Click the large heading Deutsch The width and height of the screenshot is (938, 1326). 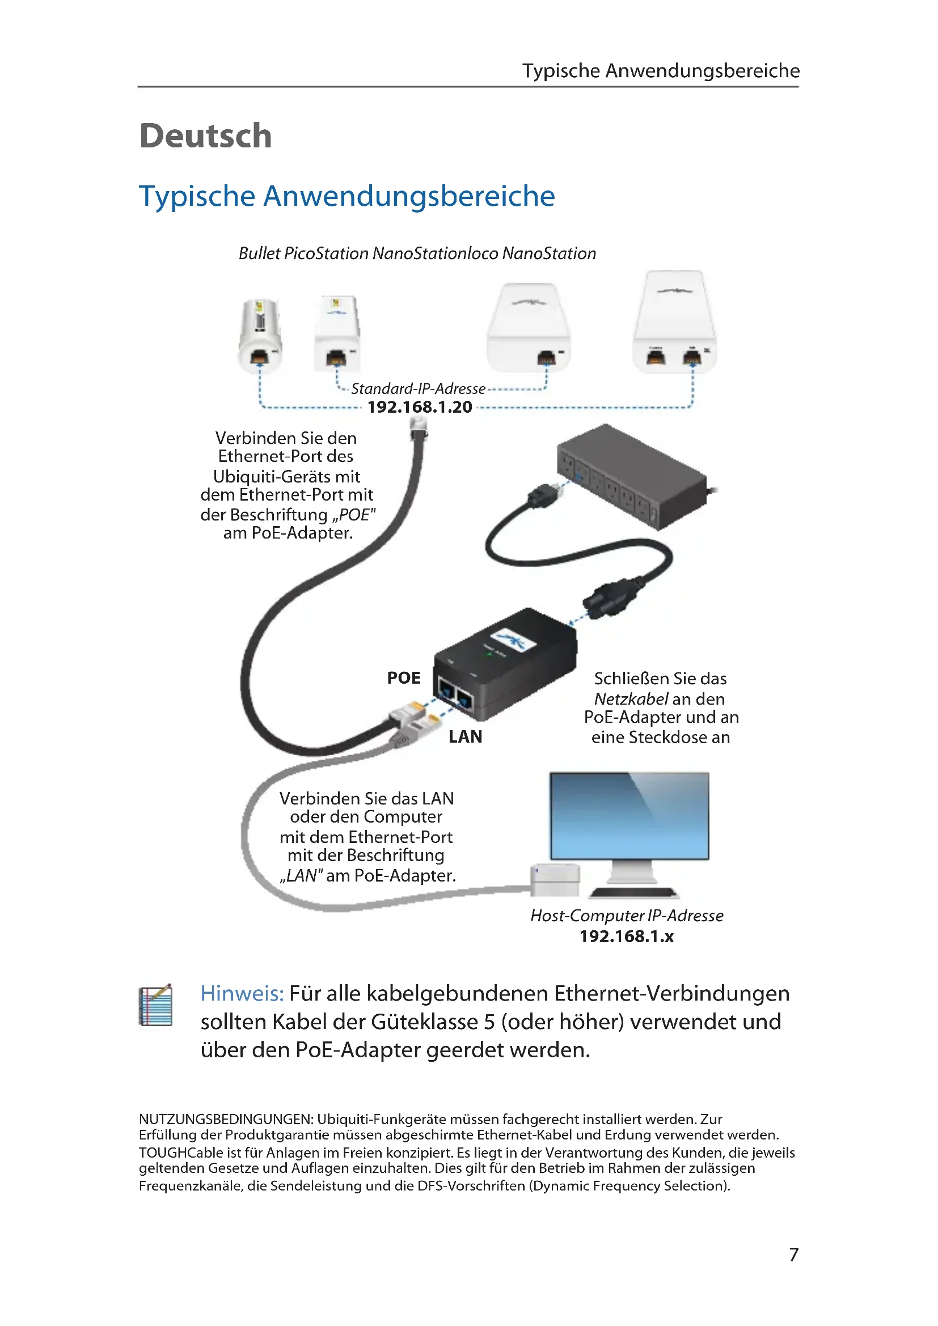[x=205, y=136]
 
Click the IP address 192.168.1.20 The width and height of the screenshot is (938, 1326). [x=419, y=407]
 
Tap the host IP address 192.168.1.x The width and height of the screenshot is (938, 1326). [x=626, y=936]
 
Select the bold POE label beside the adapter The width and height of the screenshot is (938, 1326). [x=404, y=678]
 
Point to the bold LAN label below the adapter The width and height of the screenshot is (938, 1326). [x=465, y=737]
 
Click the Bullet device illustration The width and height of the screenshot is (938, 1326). [x=260, y=334]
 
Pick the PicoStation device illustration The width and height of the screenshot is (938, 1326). [x=337, y=333]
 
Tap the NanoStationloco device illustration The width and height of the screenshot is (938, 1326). [x=529, y=328]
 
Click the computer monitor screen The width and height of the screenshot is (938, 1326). [x=629, y=815]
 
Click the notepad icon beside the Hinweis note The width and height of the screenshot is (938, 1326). [x=156, y=1006]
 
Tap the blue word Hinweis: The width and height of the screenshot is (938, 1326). [x=242, y=994]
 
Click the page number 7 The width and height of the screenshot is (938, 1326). [x=793, y=1255]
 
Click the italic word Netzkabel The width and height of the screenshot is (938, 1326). [x=631, y=699]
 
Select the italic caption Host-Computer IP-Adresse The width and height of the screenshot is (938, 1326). [x=627, y=916]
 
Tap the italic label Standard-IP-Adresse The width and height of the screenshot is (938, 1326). [x=418, y=389]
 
